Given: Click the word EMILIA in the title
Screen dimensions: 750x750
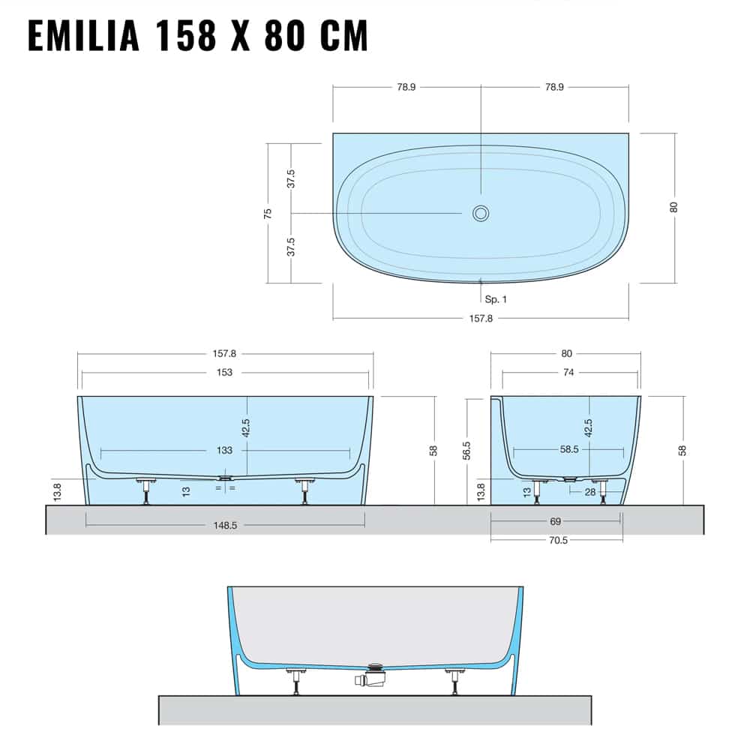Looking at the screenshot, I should click(x=83, y=36).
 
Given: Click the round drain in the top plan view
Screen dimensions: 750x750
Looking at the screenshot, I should click(x=480, y=213).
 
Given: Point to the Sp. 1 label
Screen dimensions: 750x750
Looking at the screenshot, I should click(x=496, y=299).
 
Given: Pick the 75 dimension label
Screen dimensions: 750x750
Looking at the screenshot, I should click(x=268, y=213).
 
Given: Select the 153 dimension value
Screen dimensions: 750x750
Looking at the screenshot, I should click(x=224, y=372).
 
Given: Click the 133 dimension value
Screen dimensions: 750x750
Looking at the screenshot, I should click(x=224, y=450).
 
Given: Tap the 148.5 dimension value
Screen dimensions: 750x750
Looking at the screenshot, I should click(x=224, y=525).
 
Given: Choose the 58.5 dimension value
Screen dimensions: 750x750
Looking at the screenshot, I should click(x=568, y=450).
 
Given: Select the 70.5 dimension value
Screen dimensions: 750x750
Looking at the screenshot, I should click(x=557, y=539).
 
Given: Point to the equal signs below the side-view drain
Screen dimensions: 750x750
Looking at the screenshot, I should click(x=225, y=488).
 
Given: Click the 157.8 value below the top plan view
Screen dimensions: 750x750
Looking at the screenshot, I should click(x=481, y=318).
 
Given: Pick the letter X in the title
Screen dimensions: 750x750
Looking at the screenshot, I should click(x=240, y=36).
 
